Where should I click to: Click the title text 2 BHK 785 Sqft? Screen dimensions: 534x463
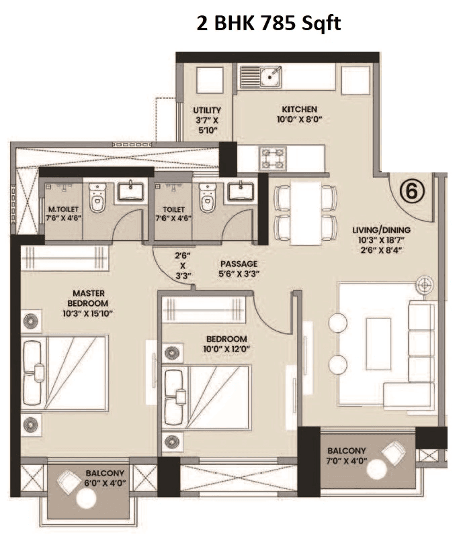click(269, 25)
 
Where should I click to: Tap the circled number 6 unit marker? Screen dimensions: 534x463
click(412, 190)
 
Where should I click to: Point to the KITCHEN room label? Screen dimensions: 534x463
click(299, 109)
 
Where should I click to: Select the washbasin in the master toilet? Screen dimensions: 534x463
click(131, 193)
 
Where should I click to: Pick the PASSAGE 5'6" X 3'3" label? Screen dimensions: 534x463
click(239, 268)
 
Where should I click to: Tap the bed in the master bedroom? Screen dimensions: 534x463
click(64, 373)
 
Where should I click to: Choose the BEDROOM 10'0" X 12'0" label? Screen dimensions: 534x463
click(205, 343)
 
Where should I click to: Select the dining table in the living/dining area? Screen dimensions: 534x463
click(305, 211)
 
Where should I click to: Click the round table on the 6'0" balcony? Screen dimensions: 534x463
click(87, 498)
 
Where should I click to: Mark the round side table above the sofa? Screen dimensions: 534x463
click(423, 285)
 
